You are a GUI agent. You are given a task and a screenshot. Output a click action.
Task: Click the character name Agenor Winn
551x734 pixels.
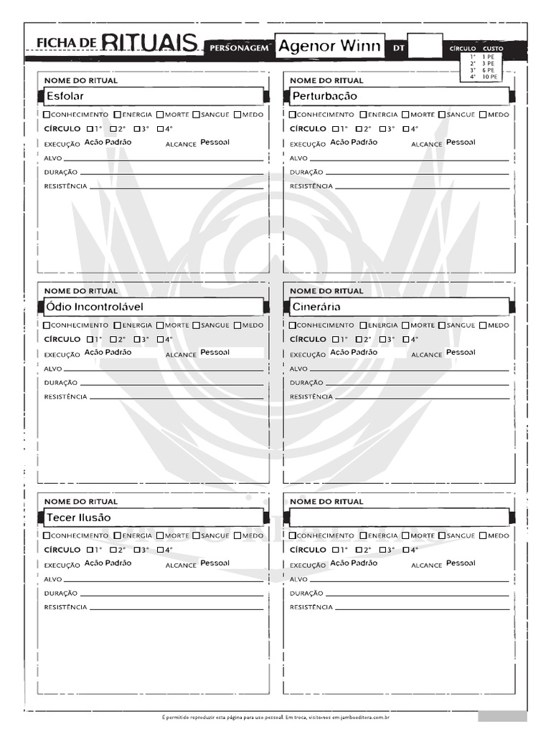point(329,47)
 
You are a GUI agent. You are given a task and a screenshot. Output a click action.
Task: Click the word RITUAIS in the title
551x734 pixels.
point(149,44)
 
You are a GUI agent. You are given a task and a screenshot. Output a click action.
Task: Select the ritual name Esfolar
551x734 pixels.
point(65,96)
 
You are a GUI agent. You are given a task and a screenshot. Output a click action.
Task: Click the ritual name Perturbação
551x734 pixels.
point(324,96)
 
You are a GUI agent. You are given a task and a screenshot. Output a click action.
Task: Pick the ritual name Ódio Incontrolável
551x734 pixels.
point(95,307)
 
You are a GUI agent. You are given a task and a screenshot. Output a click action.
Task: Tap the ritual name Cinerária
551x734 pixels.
point(316,307)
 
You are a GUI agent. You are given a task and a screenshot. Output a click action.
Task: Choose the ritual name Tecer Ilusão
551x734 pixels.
point(79,518)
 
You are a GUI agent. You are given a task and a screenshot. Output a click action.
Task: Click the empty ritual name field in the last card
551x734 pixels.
point(398,518)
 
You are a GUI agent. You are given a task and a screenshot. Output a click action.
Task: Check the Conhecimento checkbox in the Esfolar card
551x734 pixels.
point(47,115)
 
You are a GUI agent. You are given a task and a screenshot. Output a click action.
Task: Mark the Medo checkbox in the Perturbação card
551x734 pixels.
point(483,115)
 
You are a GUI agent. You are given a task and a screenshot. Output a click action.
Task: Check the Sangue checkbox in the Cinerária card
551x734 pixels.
point(442,325)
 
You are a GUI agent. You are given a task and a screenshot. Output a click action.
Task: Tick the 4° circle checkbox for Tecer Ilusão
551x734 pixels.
point(160,550)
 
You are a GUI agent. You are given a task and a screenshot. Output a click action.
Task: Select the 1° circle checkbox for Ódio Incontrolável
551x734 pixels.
point(90,340)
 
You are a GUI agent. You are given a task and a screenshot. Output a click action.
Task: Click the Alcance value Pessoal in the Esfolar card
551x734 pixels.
point(215,143)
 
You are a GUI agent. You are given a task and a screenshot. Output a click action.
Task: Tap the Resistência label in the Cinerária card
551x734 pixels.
point(311,397)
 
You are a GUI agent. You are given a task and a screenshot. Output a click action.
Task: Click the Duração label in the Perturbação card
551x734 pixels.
point(306,172)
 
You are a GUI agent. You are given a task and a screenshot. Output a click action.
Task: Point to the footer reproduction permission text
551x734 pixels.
point(275,716)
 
